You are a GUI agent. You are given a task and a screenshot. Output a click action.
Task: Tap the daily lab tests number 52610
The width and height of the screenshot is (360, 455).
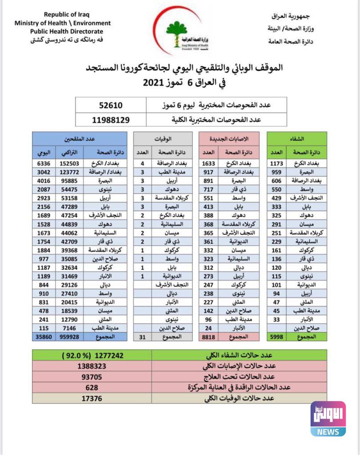111,105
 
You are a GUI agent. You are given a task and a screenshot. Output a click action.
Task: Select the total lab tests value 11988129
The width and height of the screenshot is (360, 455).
111,120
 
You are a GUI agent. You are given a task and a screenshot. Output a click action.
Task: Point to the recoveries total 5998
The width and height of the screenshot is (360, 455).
276,337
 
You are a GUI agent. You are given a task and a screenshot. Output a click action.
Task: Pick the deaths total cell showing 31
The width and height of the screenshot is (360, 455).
142,337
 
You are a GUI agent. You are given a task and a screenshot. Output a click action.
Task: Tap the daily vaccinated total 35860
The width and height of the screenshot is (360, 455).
44,337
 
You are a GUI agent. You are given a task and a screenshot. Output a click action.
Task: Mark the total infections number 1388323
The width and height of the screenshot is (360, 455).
92,367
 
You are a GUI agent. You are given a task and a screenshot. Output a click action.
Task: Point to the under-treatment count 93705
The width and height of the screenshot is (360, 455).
92,377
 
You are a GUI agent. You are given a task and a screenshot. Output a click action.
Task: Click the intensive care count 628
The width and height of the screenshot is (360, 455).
92,387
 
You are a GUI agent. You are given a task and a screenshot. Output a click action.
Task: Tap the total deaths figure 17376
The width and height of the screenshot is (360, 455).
92,398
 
